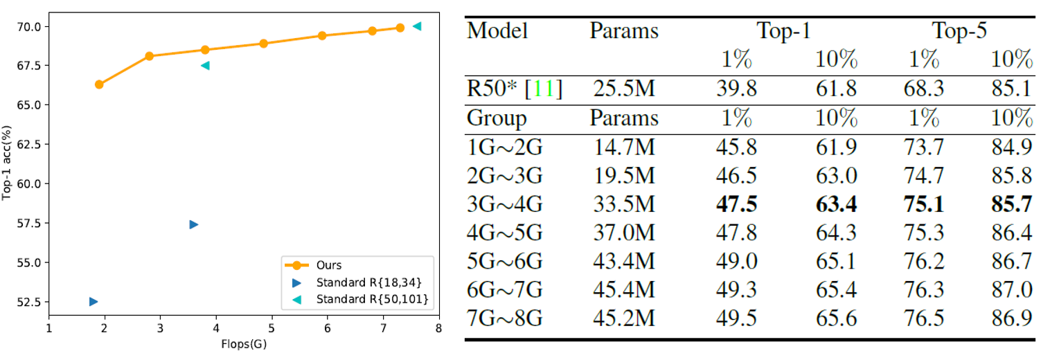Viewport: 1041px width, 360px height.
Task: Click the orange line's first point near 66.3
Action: point(99,84)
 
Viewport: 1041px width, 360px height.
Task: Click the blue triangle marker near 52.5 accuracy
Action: point(93,301)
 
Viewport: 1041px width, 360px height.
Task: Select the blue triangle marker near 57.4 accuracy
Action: point(194,224)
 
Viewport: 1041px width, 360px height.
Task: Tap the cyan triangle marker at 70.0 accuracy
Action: point(417,26)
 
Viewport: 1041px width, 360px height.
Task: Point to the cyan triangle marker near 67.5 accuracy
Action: point(205,66)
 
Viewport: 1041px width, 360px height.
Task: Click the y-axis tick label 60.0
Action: point(28,183)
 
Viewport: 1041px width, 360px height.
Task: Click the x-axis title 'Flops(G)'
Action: point(243,344)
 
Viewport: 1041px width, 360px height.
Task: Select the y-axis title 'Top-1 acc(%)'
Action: point(8,163)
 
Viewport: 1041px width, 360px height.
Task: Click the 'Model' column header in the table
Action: point(497,31)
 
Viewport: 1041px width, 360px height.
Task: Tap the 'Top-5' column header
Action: point(959,31)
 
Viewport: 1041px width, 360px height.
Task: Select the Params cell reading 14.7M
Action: point(624,146)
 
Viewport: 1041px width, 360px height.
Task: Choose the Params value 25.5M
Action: point(624,89)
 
